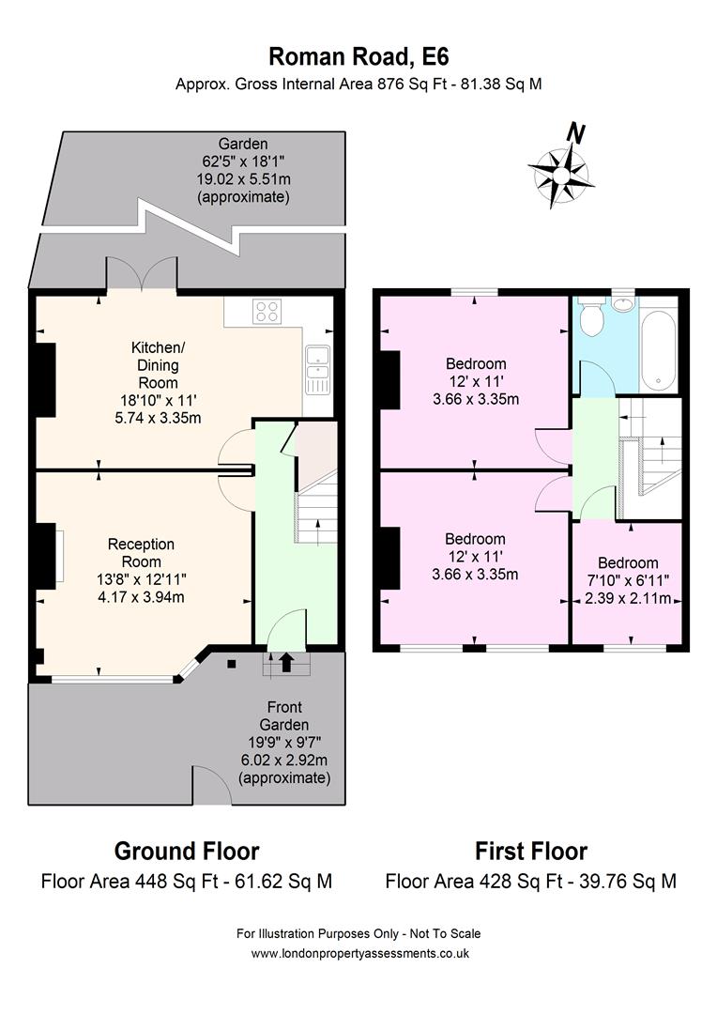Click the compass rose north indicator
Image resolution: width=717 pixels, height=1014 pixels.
[561, 169]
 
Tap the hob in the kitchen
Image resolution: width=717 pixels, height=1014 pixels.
[267, 311]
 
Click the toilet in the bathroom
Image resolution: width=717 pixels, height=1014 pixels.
[591, 317]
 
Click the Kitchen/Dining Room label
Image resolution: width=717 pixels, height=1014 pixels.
[159, 364]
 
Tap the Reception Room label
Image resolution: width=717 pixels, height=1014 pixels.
[141, 553]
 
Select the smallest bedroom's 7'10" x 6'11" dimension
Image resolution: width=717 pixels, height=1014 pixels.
[628, 581]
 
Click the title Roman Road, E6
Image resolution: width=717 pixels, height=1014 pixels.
[358, 57]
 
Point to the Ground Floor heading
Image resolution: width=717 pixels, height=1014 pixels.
[187, 851]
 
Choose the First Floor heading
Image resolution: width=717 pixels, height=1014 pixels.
[531, 851]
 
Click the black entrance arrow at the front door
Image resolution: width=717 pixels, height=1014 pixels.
[285, 661]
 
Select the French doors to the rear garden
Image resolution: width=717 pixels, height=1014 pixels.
[142, 274]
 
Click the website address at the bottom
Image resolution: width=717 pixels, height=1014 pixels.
[359, 953]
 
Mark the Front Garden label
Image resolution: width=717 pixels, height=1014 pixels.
[284, 715]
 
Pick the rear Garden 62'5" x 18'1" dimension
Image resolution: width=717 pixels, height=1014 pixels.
[242, 161]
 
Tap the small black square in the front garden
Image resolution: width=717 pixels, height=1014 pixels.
[232, 663]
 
